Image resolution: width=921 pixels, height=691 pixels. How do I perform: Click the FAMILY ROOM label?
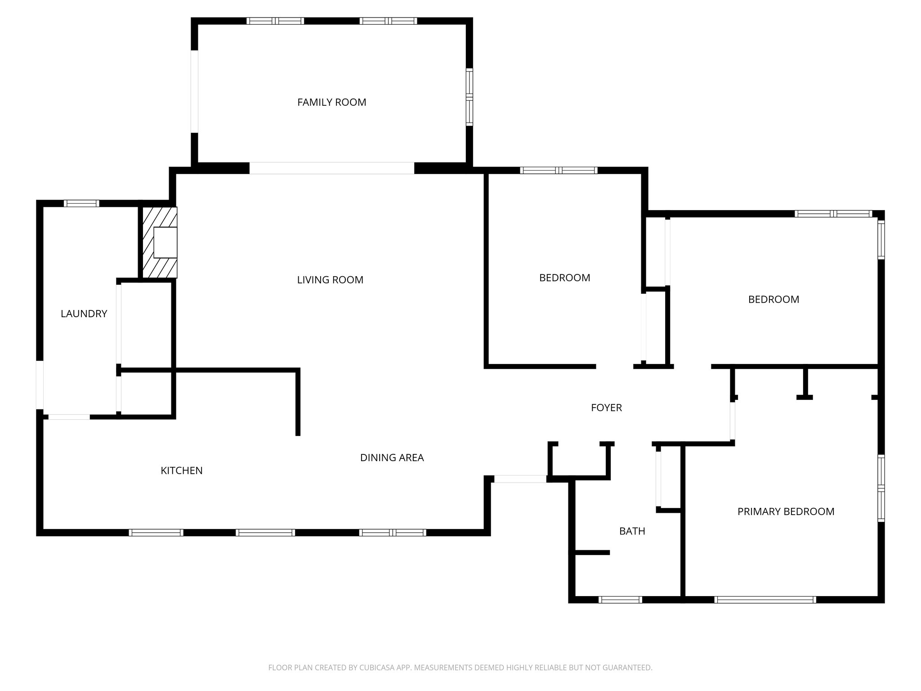(x=331, y=103)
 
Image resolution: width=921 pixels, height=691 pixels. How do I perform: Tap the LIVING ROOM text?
(x=330, y=280)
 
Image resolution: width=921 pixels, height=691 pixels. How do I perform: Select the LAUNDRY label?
(x=84, y=314)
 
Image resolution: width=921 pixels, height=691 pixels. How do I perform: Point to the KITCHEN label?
(x=182, y=471)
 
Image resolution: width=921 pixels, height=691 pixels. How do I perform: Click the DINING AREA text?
(x=392, y=458)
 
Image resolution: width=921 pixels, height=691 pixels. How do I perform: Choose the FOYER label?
(x=606, y=408)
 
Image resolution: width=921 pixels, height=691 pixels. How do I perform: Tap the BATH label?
(x=632, y=531)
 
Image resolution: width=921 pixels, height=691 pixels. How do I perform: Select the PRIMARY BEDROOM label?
(x=786, y=512)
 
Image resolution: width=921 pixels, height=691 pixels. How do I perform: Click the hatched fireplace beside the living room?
(x=160, y=242)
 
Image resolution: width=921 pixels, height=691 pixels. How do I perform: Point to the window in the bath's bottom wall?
(x=620, y=599)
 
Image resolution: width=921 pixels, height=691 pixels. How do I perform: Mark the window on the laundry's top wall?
(x=81, y=203)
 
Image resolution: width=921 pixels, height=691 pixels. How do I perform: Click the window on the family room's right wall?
(x=469, y=97)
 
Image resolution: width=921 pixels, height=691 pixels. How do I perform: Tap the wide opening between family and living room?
(x=331, y=168)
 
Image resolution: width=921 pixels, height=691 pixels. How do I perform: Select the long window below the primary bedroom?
(x=765, y=599)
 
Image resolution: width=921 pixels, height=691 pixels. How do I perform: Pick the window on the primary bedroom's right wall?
(x=881, y=488)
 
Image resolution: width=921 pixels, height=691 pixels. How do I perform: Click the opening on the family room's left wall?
(x=195, y=91)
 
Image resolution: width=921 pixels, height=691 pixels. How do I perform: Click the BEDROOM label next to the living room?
(x=564, y=278)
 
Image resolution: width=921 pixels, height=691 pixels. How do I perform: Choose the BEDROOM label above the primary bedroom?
(x=773, y=300)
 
